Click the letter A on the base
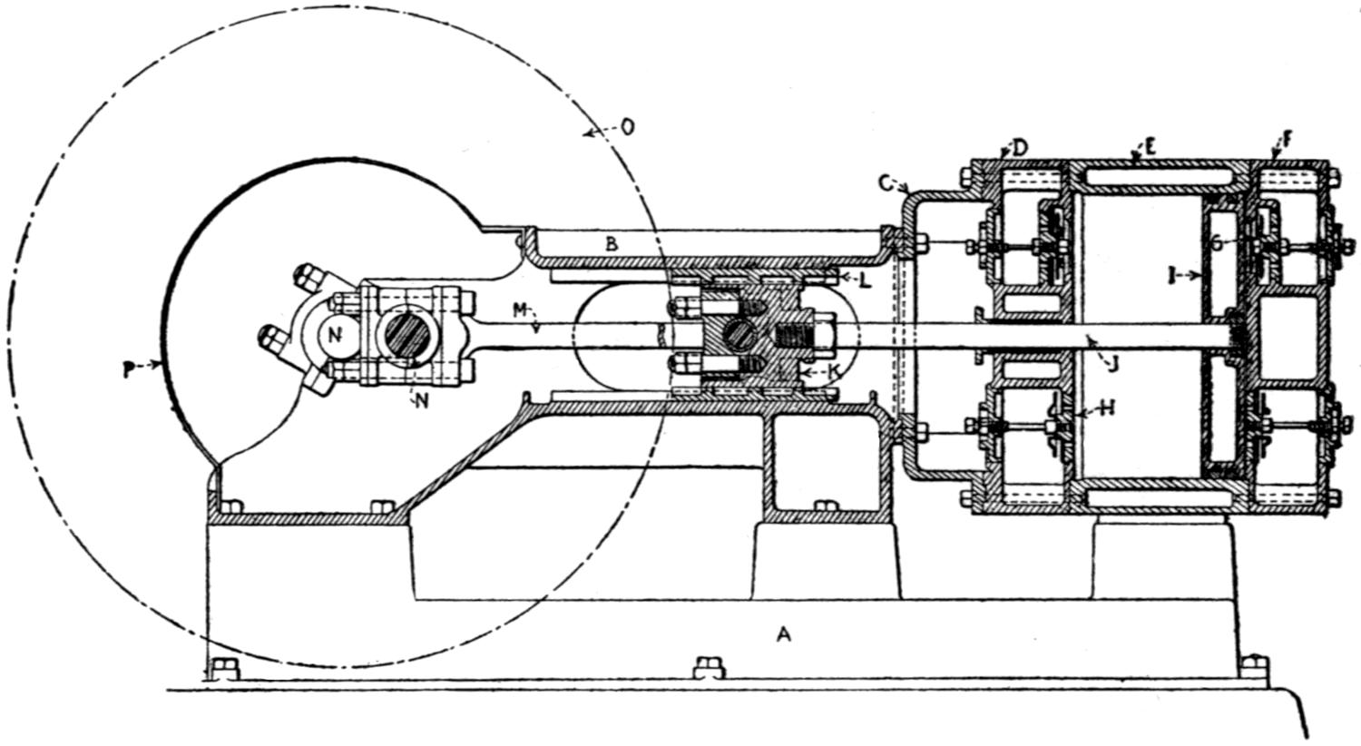784,635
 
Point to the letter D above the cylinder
1020,148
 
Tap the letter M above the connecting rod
519,310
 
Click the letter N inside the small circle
336,334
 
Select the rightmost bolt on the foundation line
1255,666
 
